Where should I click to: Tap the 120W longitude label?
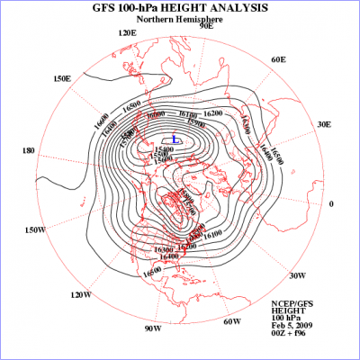81,294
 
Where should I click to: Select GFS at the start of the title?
107,10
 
